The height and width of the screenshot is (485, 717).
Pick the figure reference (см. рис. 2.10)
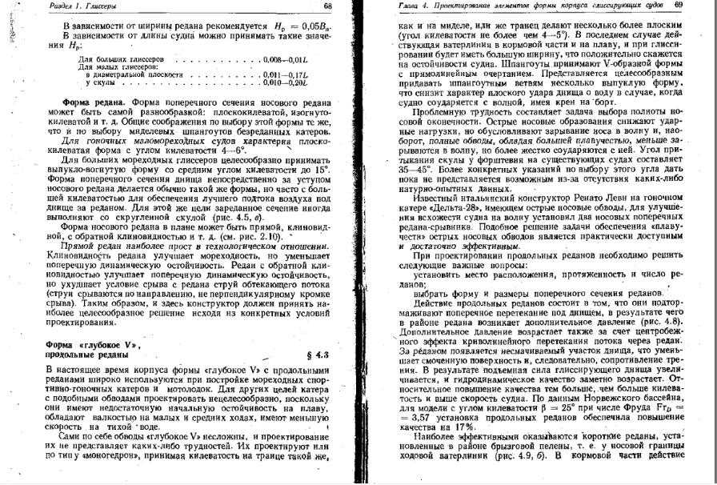click(258, 236)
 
